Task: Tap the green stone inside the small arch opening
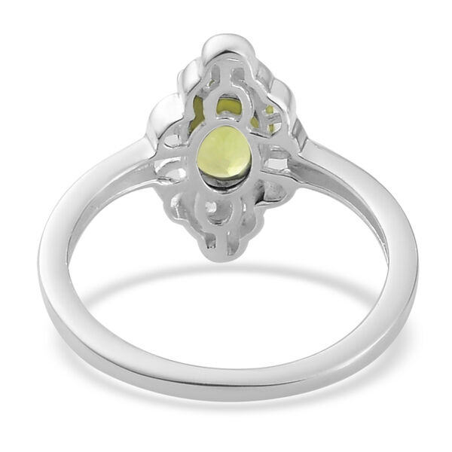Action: tap(225, 106)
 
